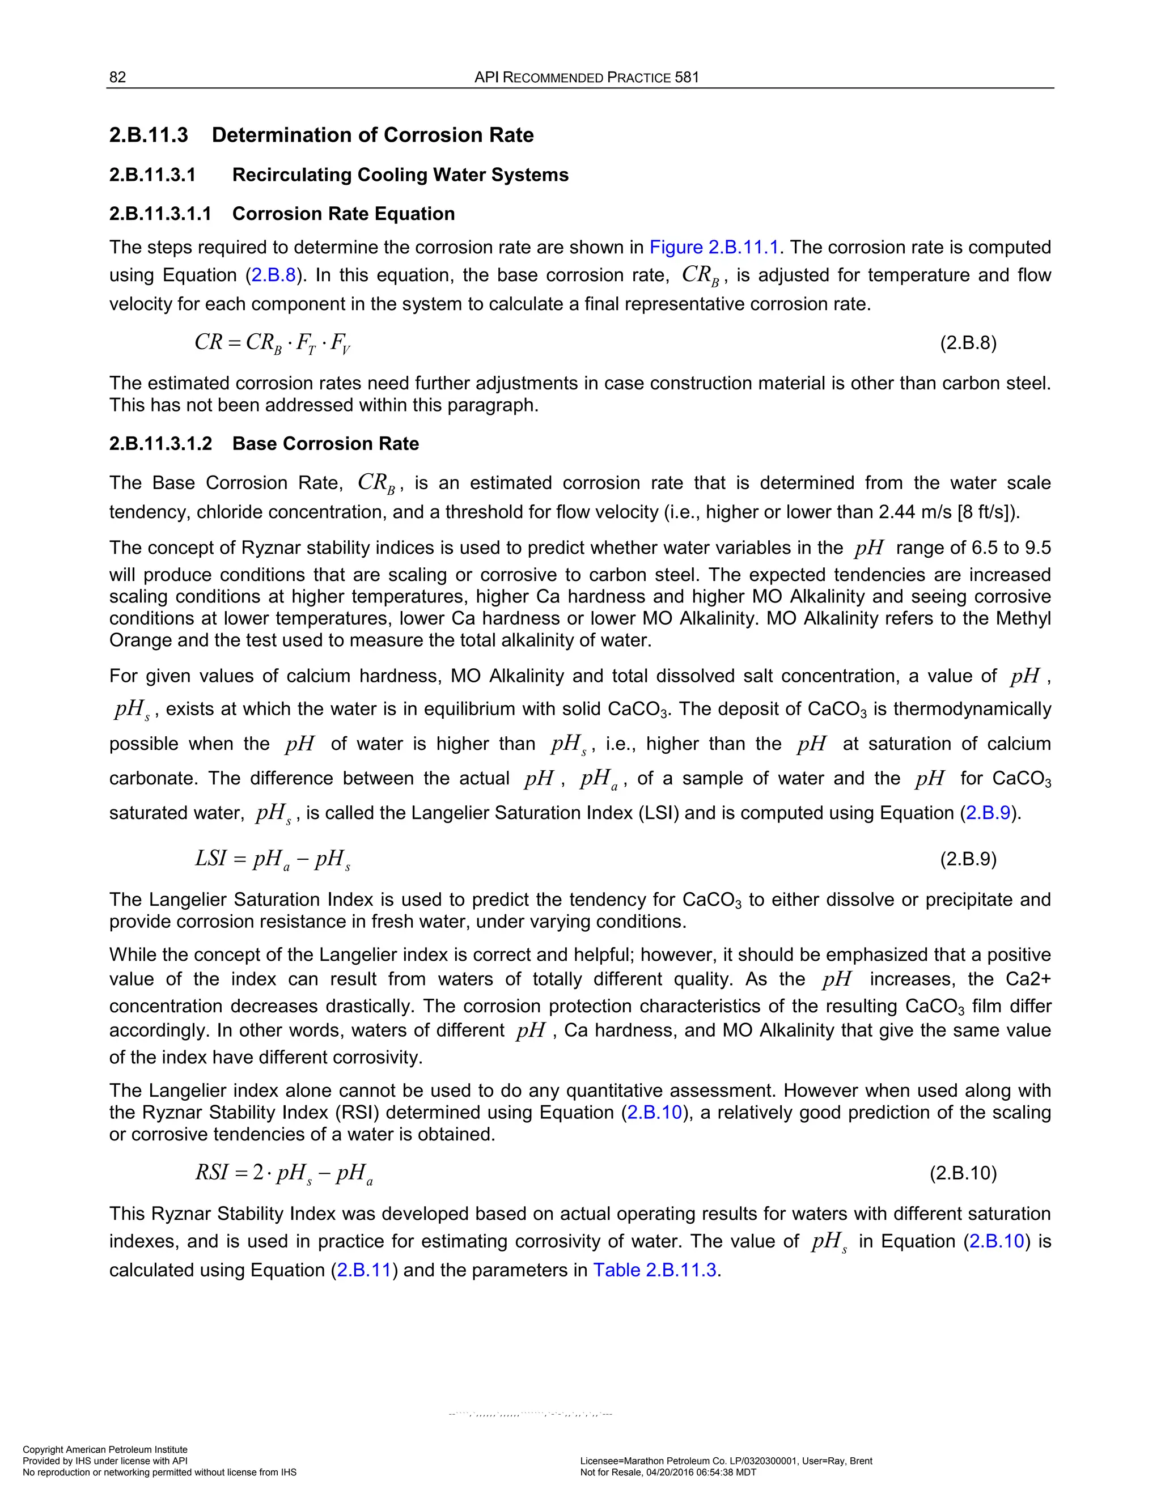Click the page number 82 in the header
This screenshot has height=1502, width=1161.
pos(117,77)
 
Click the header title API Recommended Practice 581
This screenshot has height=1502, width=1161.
pos(586,77)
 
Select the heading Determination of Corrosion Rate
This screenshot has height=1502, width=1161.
pos(372,135)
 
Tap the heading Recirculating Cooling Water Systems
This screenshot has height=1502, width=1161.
pos(400,175)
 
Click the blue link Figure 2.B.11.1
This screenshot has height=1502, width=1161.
pos(713,247)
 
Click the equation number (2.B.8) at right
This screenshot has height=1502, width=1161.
pos(968,342)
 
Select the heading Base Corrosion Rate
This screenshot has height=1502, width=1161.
pos(325,444)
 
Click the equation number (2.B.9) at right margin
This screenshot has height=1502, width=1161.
pos(968,859)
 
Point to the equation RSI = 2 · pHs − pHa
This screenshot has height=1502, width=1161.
pos(283,1173)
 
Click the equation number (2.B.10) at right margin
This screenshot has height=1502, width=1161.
pos(963,1173)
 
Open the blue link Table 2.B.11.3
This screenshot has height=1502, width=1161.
pos(655,1270)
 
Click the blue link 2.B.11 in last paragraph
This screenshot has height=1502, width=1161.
pos(364,1270)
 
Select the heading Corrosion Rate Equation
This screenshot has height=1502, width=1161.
pos(343,214)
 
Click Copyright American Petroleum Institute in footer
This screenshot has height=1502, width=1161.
pos(105,1449)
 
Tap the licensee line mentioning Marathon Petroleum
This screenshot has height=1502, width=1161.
pos(726,1461)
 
